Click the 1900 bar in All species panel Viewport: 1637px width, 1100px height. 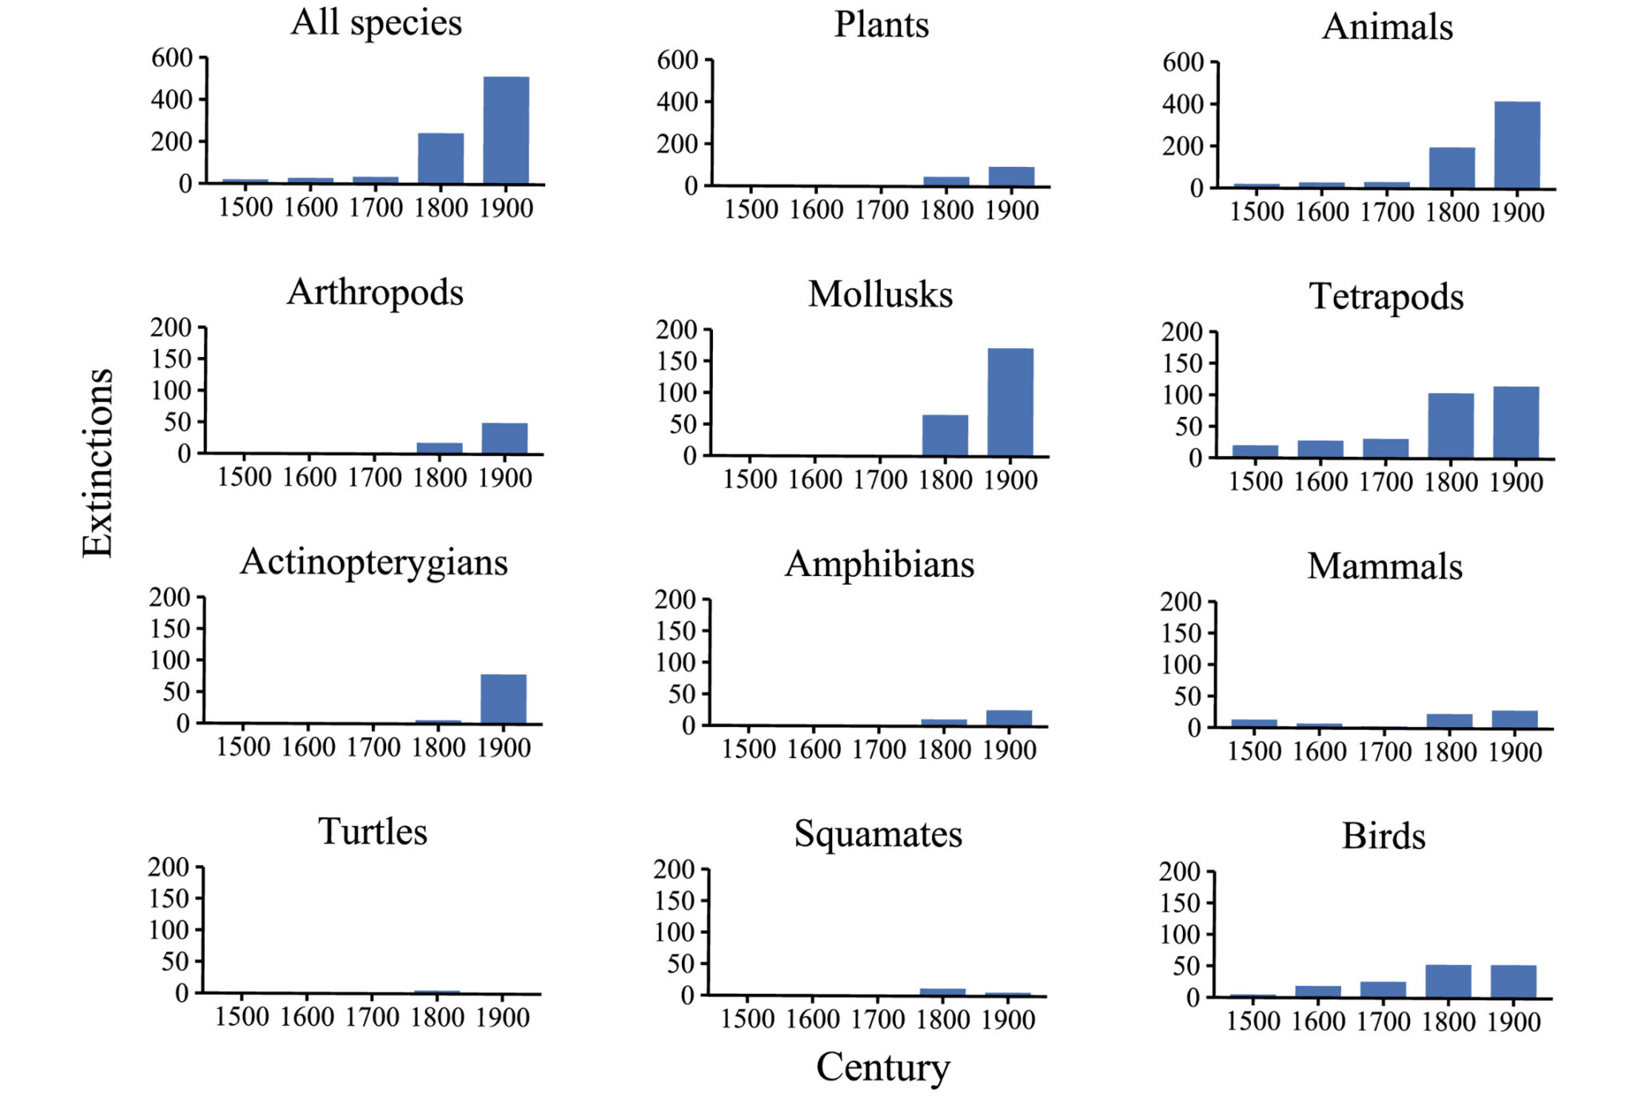pos(506,131)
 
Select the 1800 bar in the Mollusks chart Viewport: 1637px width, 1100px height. pos(945,435)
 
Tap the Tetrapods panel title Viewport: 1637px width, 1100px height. pos(1386,296)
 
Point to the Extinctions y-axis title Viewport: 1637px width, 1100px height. pos(98,463)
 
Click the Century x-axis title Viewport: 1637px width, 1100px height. pos(882,1067)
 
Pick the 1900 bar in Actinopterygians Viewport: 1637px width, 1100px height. pos(504,699)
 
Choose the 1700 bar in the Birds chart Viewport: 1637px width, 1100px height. pos(1383,989)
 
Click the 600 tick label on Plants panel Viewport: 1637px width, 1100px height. pos(677,60)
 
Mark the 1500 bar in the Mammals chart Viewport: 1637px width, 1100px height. pos(1254,723)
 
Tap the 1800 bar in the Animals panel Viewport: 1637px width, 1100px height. pos(1452,168)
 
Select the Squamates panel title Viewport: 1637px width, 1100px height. pos(878,834)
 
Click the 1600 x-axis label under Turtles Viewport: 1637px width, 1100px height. pos(307,1017)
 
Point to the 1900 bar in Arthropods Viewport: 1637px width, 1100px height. pos(504,438)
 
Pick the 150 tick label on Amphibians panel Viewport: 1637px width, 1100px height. pos(675,631)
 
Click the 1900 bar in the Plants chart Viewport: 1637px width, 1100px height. pos(1011,177)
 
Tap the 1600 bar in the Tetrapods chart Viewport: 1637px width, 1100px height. pos(1320,449)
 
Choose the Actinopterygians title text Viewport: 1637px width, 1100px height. pos(374,562)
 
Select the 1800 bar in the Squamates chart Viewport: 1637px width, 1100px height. pos(942,992)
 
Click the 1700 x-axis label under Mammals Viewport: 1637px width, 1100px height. pos(1384,752)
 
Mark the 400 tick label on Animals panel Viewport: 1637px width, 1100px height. pos(1183,105)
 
